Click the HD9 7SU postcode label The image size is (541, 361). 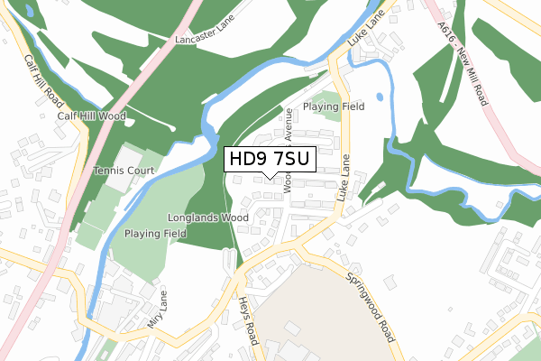point(270,160)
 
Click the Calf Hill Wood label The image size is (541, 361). point(92,116)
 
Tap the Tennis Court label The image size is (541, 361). point(124,171)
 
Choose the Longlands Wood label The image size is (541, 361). point(208,218)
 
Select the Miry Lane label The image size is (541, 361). point(157,310)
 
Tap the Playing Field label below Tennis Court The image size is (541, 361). point(155,233)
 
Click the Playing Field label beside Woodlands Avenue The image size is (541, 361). point(333,106)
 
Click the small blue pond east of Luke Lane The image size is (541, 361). point(380,96)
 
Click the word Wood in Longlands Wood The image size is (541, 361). point(234,218)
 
